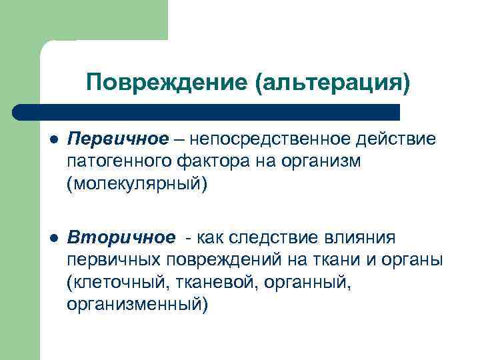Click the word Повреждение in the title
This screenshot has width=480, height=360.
point(167,83)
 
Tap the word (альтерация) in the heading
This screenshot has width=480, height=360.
point(332,83)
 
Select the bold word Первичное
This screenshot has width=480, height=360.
point(118,139)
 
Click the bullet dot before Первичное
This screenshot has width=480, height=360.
point(53,139)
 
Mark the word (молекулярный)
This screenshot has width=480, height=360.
point(137,183)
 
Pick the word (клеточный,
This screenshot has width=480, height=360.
point(117,282)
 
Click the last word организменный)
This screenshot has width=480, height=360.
point(137,304)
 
